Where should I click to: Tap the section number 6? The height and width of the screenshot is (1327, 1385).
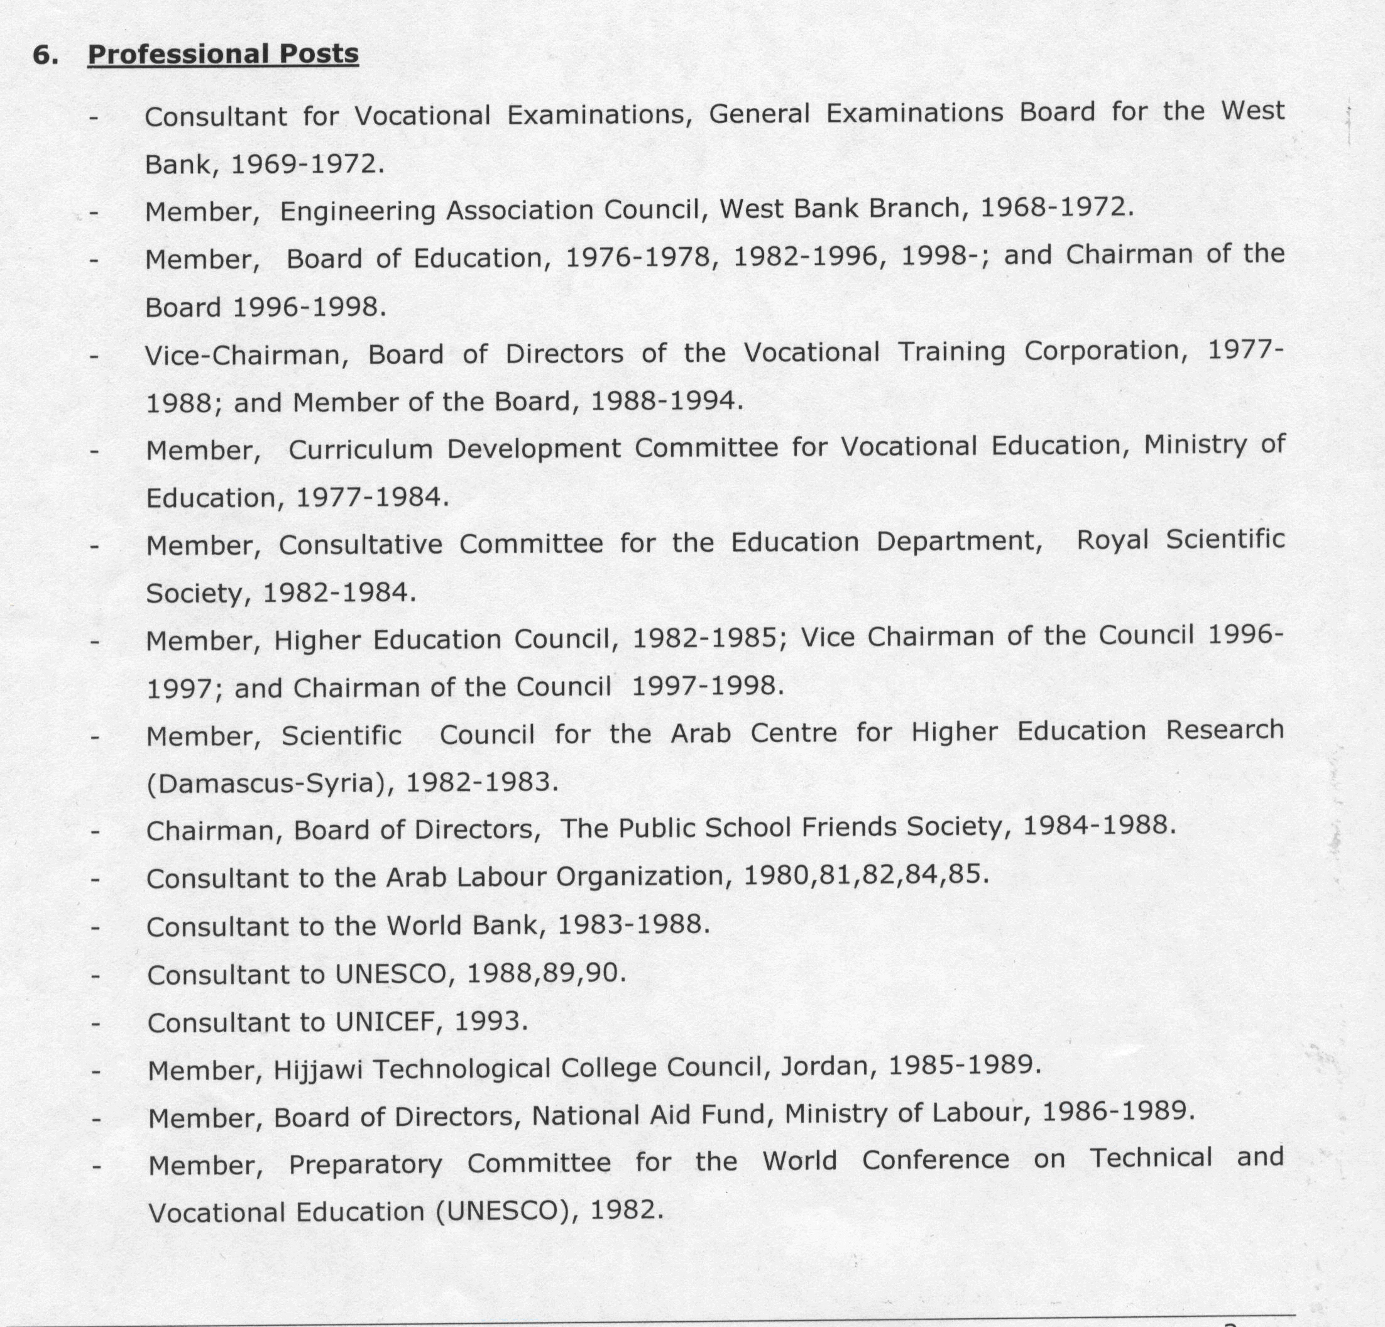pyautogui.click(x=45, y=55)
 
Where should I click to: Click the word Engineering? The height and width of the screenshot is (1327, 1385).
pyautogui.click(x=357, y=211)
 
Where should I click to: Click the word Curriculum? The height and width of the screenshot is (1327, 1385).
pyautogui.click(x=360, y=450)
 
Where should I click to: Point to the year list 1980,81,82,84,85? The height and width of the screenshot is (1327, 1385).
pyautogui.click(x=866, y=875)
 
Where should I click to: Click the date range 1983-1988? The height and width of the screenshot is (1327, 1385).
pyautogui.click(x=633, y=924)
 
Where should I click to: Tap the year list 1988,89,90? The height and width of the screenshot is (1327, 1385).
pyautogui.click(x=546, y=973)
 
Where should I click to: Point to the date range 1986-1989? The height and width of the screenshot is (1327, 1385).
pyautogui.click(x=1118, y=1111)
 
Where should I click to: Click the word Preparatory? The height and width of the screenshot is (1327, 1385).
pyautogui.click(x=365, y=1164)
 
